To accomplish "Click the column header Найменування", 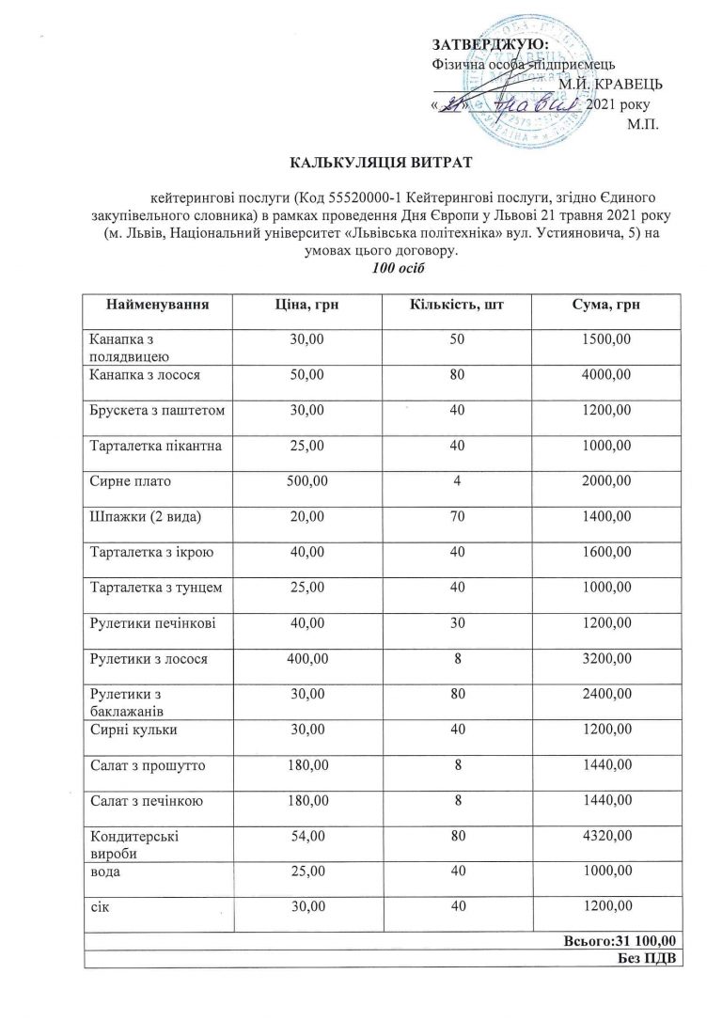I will coord(158,306).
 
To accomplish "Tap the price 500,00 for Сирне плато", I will coord(306,481).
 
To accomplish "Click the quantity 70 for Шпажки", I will coord(456,517).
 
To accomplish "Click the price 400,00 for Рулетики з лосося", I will coord(306,659).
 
